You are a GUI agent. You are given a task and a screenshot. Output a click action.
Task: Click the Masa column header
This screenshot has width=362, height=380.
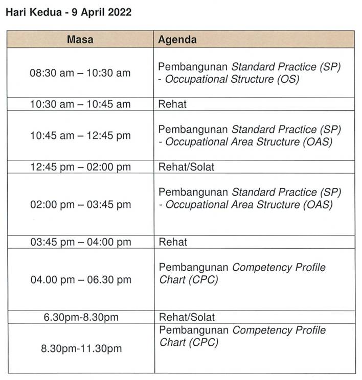coord(80,39)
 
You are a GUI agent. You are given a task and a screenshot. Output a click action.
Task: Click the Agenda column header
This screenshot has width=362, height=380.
coord(177,39)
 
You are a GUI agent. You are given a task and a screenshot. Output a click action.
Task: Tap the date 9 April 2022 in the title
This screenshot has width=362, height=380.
coord(101,12)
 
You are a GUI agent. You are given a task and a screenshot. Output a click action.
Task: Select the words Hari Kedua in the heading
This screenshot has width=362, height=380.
coord(34,12)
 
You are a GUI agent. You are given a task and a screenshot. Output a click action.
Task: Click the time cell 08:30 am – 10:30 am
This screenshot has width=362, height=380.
coord(80,73)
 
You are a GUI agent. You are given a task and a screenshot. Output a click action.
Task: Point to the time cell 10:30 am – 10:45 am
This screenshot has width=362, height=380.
coord(80,104)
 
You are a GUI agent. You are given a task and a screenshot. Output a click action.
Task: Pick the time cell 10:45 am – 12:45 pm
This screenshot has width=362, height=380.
coord(80,135)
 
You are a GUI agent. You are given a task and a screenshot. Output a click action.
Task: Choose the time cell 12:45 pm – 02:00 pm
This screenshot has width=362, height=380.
coord(80,167)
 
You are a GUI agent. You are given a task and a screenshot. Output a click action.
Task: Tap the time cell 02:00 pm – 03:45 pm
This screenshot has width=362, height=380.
coord(81,204)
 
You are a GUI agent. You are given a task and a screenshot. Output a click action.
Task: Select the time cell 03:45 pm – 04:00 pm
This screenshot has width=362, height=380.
coord(81,242)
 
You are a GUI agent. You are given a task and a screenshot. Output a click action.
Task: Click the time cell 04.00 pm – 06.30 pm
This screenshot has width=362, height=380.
coord(81,280)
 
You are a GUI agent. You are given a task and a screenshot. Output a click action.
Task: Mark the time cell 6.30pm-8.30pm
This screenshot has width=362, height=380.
coord(81,317)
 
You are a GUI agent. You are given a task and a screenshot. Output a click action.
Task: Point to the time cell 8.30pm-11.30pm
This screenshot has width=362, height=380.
coord(81,348)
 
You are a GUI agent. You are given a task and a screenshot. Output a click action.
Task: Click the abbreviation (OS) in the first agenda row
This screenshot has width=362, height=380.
coord(288,79)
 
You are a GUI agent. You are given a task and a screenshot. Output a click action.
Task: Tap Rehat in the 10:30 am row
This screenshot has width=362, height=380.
coord(172,104)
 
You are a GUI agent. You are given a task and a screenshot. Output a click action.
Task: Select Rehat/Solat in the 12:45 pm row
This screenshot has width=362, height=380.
coord(186,167)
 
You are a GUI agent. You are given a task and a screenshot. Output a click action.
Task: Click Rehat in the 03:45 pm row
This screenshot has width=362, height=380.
coord(173,242)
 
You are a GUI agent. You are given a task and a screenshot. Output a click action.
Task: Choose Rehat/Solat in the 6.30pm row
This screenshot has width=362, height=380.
coord(187,317)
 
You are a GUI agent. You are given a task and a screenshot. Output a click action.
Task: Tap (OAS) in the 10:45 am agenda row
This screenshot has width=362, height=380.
coord(318,142)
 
